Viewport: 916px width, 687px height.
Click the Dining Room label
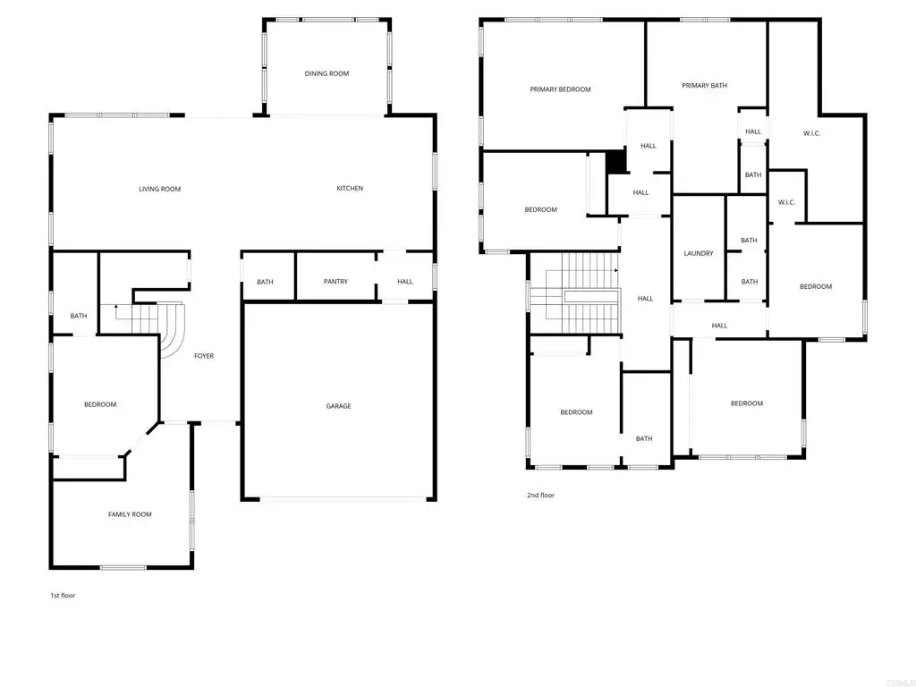(327, 73)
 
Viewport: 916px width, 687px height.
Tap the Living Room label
(159, 189)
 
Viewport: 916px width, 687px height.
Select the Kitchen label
(350, 188)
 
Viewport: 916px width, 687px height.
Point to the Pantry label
(335, 282)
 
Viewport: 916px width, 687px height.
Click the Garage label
(338, 406)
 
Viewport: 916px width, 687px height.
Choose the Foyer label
(204, 356)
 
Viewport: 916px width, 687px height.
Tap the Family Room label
(130, 514)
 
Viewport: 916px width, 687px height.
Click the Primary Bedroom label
(560, 89)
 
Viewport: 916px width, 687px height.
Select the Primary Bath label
(705, 85)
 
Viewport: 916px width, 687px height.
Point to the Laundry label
(699, 253)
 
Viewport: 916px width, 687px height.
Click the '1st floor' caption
(63, 596)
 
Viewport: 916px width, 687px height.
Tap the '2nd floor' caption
(540, 496)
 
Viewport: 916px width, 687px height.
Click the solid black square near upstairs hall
(615, 162)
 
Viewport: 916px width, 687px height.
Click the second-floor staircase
(575, 293)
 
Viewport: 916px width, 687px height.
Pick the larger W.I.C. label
(811, 133)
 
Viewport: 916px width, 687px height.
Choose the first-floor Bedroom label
(100, 404)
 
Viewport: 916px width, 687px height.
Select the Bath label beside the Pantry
(265, 282)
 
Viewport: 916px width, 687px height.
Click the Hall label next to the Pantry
(405, 282)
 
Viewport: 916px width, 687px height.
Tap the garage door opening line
(343, 499)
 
